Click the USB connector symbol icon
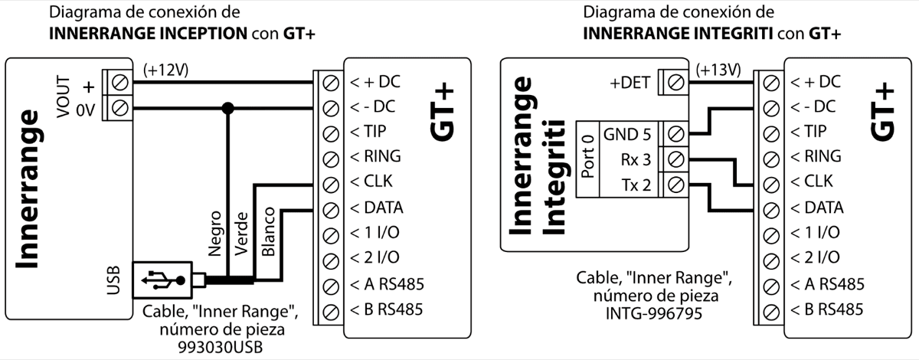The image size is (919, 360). click(163, 282)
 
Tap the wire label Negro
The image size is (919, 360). click(215, 231)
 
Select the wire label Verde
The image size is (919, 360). click(241, 233)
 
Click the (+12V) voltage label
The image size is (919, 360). click(165, 70)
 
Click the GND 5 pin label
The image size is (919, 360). click(627, 134)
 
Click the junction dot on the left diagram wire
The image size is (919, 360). click(227, 107)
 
